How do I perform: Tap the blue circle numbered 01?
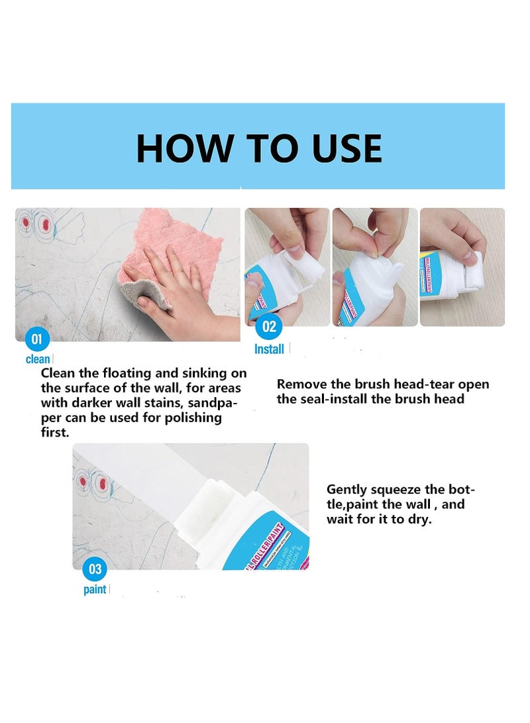tap(38, 340)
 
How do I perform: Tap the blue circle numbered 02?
tap(269, 327)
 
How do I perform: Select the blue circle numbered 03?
tap(95, 569)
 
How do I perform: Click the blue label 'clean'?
tap(38, 359)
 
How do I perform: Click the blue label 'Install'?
tap(269, 349)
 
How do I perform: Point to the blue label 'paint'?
tap(95, 589)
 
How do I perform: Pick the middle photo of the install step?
tap(375, 267)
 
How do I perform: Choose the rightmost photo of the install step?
tap(462, 267)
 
